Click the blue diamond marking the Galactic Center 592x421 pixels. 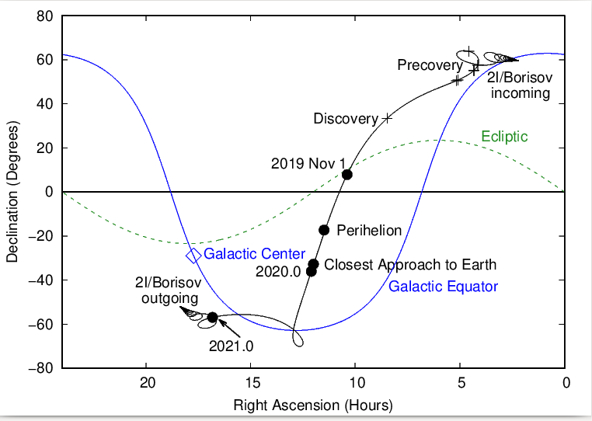[x=193, y=255]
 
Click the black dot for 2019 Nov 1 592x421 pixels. [x=347, y=174]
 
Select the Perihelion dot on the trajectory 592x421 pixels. [x=324, y=229]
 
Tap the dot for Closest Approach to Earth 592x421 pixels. [x=314, y=264]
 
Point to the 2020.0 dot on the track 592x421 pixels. [x=311, y=271]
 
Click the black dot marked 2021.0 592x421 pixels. [x=212, y=317]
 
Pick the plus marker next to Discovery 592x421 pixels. [x=387, y=118]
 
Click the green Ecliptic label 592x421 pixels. [x=504, y=137]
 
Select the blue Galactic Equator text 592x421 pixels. [x=443, y=287]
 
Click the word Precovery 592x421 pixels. [x=430, y=65]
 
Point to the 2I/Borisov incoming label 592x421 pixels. [x=518, y=85]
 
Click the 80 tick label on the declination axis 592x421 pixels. [x=44, y=16]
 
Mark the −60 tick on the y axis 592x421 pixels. [x=41, y=324]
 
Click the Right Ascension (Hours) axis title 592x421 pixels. [x=314, y=405]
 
